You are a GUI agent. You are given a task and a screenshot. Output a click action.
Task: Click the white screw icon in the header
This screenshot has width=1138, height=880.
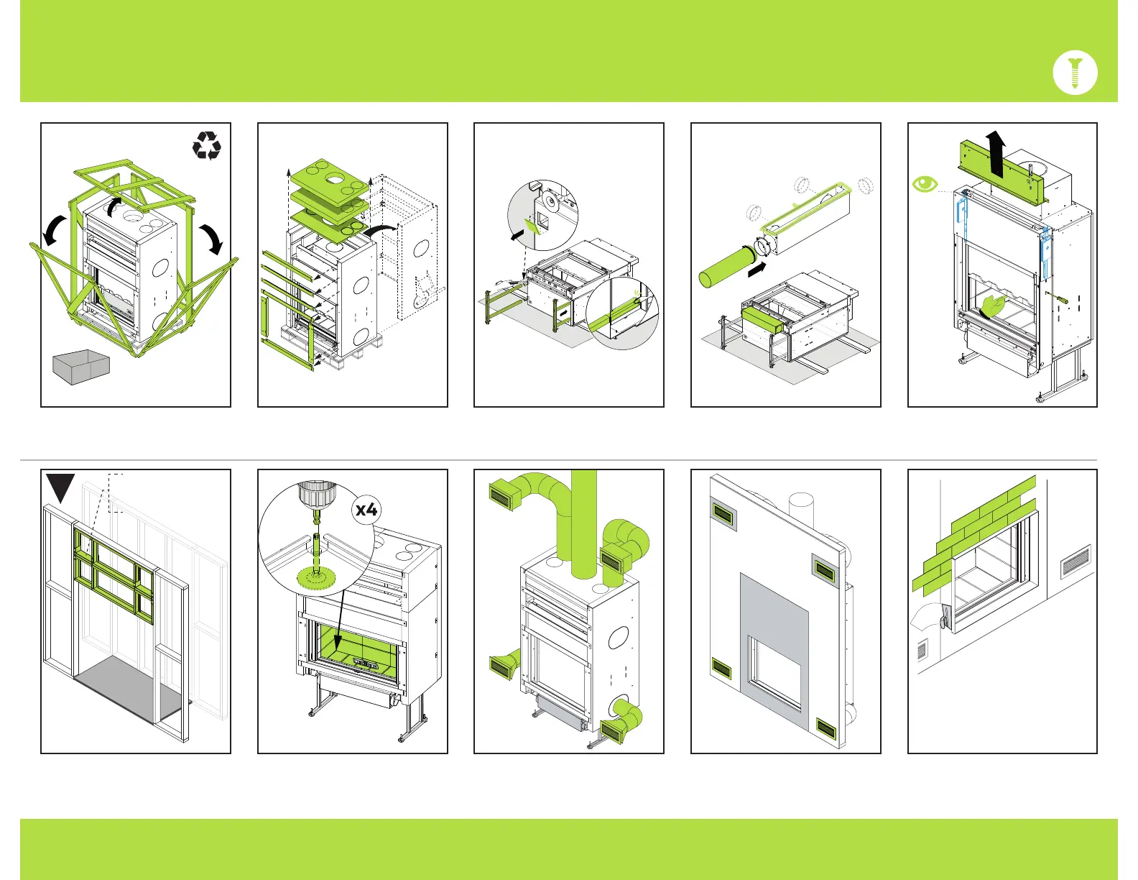(x=1075, y=73)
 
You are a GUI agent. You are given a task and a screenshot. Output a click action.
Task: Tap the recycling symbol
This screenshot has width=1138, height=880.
(x=207, y=145)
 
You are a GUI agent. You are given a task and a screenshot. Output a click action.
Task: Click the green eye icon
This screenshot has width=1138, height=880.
(x=925, y=184)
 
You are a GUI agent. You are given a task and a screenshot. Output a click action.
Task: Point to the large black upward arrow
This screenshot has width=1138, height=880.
(x=995, y=153)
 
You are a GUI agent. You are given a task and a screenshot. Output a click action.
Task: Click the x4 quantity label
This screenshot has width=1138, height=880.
(x=366, y=510)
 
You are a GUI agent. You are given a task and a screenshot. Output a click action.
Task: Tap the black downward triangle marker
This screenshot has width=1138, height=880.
(x=60, y=487)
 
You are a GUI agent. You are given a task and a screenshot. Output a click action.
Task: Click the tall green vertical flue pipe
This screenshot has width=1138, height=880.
(x=583, y=525)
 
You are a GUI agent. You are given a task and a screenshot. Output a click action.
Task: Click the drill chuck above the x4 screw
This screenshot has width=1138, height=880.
(x=313, y=495)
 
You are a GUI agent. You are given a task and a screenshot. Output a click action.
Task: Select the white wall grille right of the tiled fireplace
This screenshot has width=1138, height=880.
(x=1075, y=561)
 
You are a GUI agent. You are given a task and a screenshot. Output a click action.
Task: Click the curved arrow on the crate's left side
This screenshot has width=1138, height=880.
(x=52, y=232)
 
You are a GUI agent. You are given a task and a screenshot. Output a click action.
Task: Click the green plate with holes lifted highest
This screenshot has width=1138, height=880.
(x=328, y=175)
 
